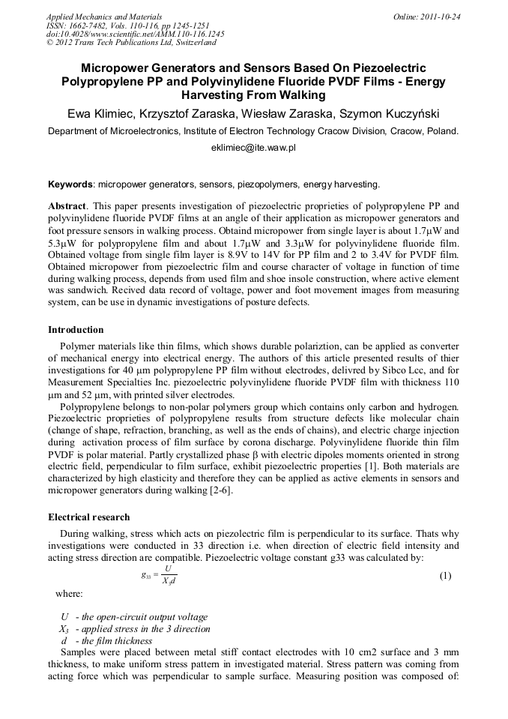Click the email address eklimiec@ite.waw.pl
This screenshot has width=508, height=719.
tap(253, 148)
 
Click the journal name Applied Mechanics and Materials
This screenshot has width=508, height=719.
tap(103, 16)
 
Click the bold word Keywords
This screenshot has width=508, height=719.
tap(71, 184)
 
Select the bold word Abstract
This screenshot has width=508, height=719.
tap(67, 205)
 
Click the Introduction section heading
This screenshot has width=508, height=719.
tap(76, 330)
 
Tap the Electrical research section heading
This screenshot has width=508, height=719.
tap(88, 517)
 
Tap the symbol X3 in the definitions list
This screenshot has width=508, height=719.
tap(64, 629)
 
